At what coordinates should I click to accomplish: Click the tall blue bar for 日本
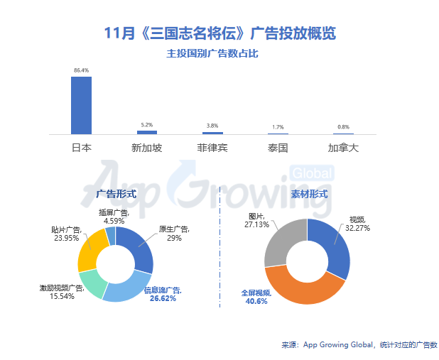[x=81, y=104]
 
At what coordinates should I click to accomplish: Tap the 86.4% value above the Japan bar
[x=81, y=70]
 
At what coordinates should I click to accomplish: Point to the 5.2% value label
[x=147, y=125]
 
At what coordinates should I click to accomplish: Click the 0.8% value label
[x=343, y=127]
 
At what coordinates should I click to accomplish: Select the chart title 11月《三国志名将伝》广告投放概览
[x=220, y=33]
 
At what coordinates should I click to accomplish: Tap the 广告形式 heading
[x=116, y=193]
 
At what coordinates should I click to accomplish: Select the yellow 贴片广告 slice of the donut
[x=91, y=251]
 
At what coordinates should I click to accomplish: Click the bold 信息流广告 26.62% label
[x=163, y=294]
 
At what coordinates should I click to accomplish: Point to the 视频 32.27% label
[x=357, y=224]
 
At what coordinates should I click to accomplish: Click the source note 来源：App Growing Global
[x=359, y=345]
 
